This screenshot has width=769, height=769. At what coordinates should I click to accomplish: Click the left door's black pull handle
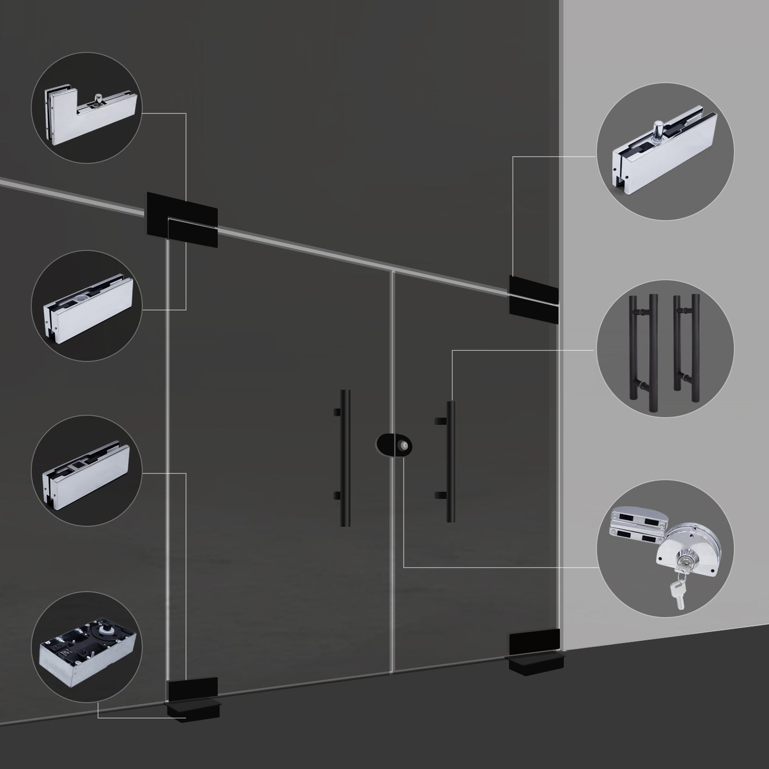point(345,458)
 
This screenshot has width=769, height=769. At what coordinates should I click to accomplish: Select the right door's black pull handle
point(451,461)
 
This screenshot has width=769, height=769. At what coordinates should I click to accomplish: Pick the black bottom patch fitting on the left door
point(193,690)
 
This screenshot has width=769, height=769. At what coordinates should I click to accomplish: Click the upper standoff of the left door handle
point(336,412)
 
